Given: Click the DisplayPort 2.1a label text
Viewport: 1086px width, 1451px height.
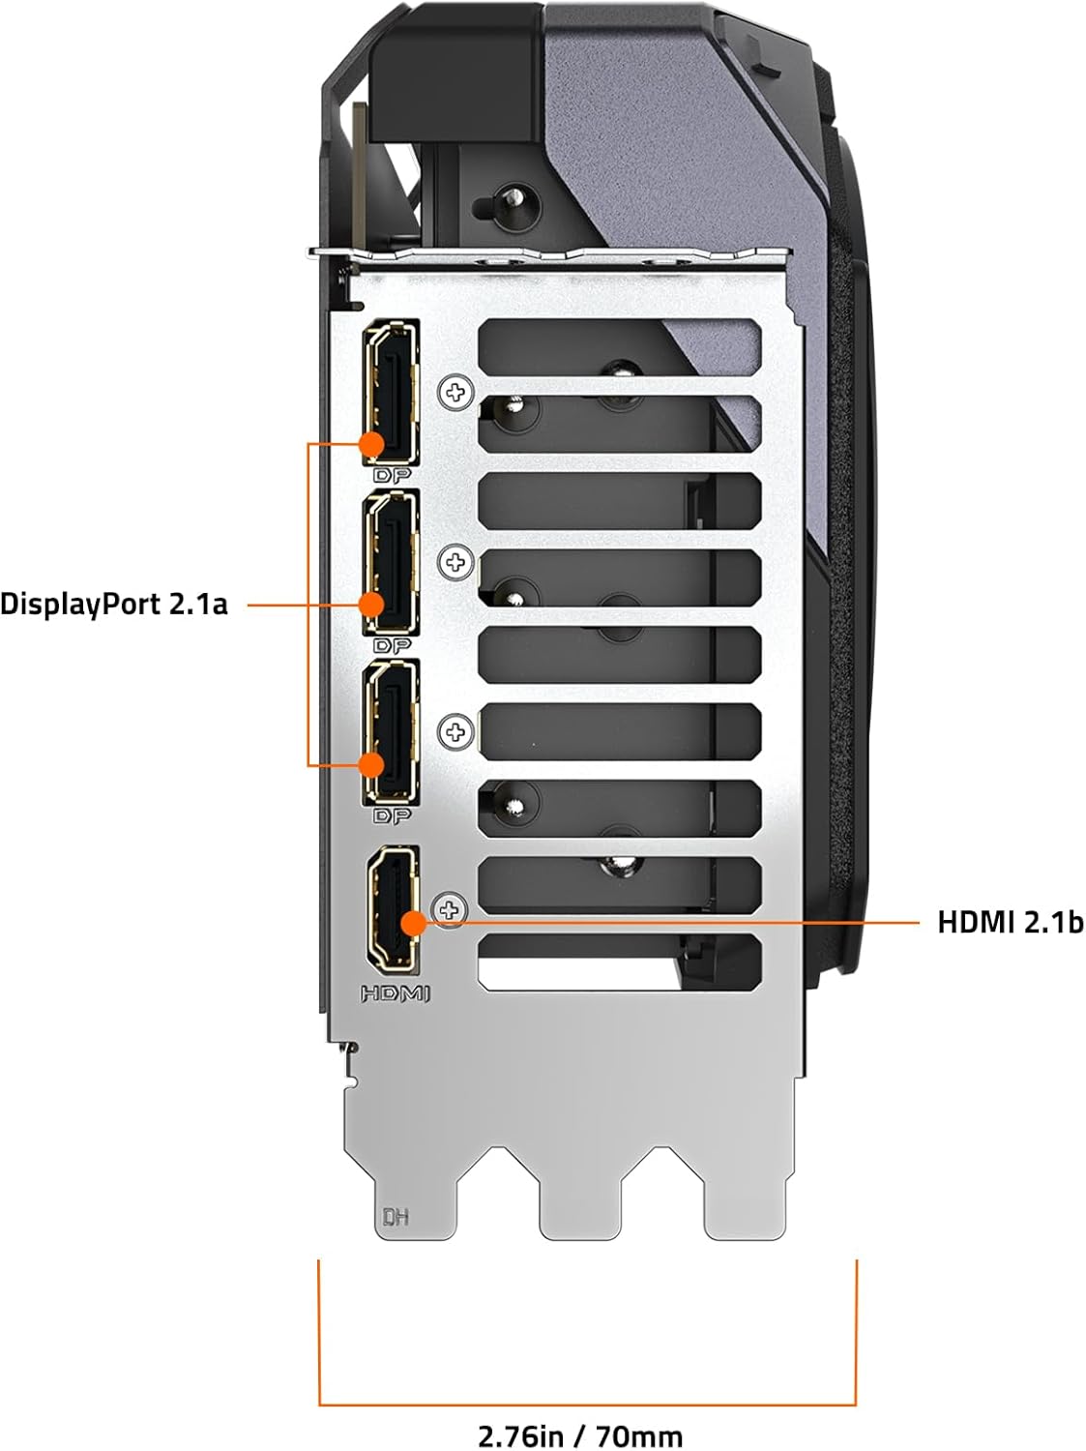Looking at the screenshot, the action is coord(113,605).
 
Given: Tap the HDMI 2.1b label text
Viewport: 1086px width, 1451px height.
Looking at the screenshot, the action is coord(1010,922).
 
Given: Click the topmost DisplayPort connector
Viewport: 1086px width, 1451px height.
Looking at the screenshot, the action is coord(391,393).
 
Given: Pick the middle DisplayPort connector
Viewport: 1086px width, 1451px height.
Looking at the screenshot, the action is coord(391,563).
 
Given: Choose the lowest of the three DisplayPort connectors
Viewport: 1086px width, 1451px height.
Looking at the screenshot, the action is coord(391,732).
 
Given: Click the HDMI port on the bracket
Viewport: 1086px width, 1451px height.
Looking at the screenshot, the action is coord(393,910).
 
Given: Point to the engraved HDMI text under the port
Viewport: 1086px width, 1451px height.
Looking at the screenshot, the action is coord(395,993).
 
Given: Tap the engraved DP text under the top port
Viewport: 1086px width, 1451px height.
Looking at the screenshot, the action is coord(392,475).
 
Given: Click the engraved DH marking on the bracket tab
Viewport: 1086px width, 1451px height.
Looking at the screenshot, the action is coord(396,1217).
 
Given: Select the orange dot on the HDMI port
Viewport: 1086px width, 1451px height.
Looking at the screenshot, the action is coord(414,923).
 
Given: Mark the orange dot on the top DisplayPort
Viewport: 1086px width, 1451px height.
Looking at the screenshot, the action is coord(372,444).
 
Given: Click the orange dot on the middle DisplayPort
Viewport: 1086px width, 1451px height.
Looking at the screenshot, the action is coord(371,605).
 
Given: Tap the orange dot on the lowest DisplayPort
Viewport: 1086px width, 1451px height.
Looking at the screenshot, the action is coord(371,765).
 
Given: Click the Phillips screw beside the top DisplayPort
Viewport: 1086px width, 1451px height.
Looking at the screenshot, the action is coord(455,393).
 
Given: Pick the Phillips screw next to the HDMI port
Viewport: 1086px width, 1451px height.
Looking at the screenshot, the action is coord(450,910).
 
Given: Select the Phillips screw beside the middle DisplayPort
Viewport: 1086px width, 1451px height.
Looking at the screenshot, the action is coord(455,563).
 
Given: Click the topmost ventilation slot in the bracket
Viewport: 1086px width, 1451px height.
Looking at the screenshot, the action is coord(620,348).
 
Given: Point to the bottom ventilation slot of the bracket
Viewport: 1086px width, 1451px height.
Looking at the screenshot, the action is coord(620,962).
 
